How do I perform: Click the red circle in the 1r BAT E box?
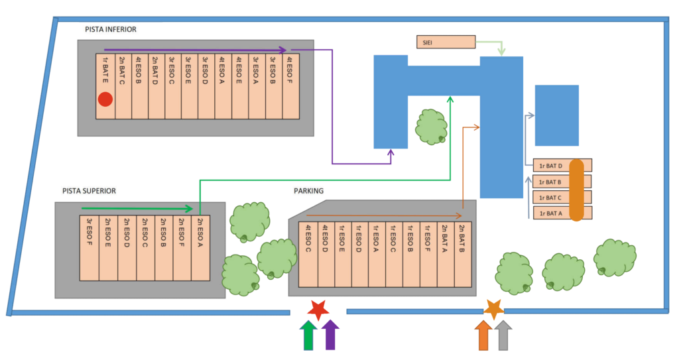pyautogui.click(x=105, y=99)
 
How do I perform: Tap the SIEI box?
pyautogui.click(x=446, y=42)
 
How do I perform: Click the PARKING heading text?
pyautogui.click(x=308, y=191)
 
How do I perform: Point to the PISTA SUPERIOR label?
pyautogui.click(x=90, y=191)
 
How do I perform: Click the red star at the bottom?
pyautogui.click(x=319, y=309)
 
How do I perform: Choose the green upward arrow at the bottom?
pyautogui.click(x=308, y=335)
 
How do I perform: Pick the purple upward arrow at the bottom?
pyautogui.click(x=330, y=335)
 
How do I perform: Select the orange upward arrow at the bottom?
pyautogui.click(x=483, y=335)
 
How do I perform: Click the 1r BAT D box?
pyautogui.click(x=552, y=166)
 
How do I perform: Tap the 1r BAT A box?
pyautogui.click(x=552, y=213)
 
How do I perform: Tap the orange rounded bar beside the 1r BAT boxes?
pyautogui.click(x=576, y=190)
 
